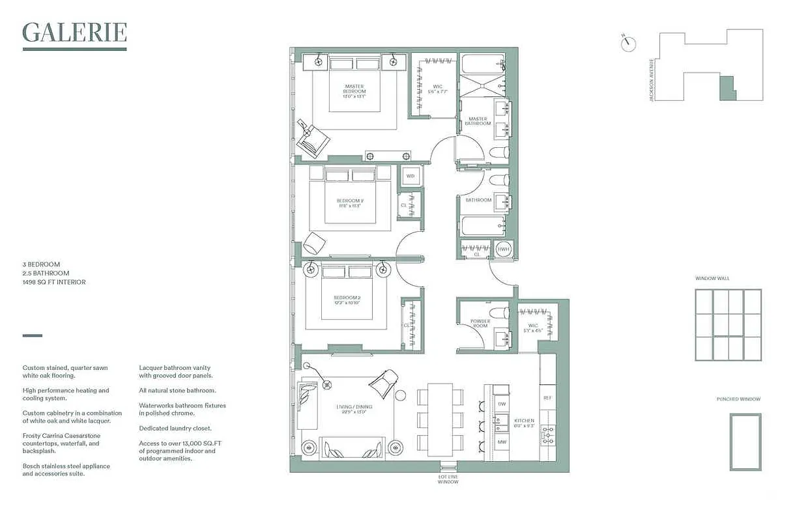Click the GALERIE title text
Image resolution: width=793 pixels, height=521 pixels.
click(74, 32)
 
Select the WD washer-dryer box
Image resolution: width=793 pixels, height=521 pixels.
click(411, 176)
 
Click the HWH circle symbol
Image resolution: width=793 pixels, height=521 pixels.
click(503, 249)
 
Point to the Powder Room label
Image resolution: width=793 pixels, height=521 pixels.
click(480, 324)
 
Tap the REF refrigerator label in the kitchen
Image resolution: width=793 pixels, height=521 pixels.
click(547, 397)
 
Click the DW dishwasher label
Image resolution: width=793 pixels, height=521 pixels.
click(501, 404)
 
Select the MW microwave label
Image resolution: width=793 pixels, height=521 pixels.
click(501, 442)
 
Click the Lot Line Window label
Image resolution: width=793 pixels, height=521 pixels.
click(448, 479)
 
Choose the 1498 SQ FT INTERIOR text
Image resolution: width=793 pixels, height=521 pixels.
click(54, 282)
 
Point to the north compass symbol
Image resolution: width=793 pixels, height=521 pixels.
click(629, 44)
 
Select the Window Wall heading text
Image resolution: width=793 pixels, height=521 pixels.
click(712, 278)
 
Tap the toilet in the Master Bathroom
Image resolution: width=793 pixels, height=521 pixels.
click(498, 153)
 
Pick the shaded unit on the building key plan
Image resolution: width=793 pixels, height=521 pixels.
click(727, 88)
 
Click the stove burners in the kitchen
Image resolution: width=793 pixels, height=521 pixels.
click(547, 434)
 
